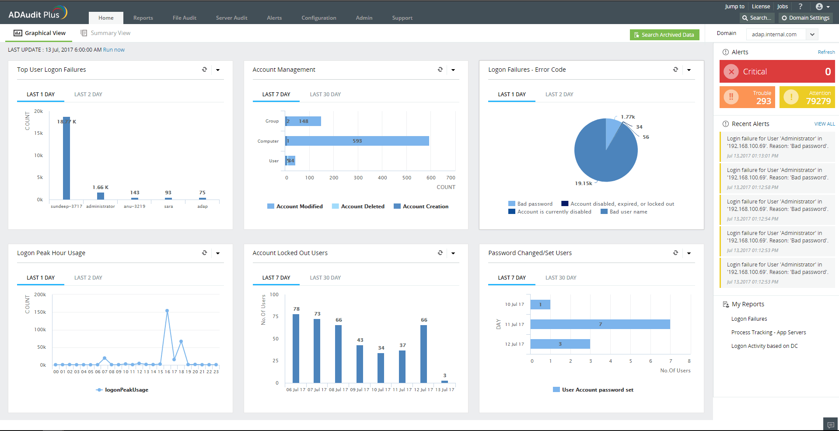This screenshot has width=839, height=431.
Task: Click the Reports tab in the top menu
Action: [x=143, y=18]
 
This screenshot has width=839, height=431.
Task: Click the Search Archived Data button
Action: [x=664, y=35]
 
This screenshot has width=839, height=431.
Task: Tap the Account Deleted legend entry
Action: [x=358, y=207]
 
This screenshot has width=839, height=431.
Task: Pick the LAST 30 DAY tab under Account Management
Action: [x=325, y=95]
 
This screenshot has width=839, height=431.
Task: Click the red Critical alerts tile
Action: [x=777, y=72]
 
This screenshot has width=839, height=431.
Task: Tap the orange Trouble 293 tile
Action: [x=747, y=97]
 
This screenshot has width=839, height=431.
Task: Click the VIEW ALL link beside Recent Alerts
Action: [x=824, y=124]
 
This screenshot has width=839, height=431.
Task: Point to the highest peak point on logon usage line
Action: [x=167, y=311]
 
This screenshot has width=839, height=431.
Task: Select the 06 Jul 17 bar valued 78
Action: [x=296, y=348]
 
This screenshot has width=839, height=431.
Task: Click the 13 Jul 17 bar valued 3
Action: [x=444, y=382]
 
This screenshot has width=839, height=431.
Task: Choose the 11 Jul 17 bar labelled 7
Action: [x=600, y=324]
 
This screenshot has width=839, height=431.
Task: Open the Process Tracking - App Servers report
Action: [x=768, y=333]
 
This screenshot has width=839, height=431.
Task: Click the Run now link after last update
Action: [x=114, y=50]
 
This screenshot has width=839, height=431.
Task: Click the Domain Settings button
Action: [x=805, y=18]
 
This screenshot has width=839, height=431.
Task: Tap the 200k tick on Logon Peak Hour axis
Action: [x=40, y=295]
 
